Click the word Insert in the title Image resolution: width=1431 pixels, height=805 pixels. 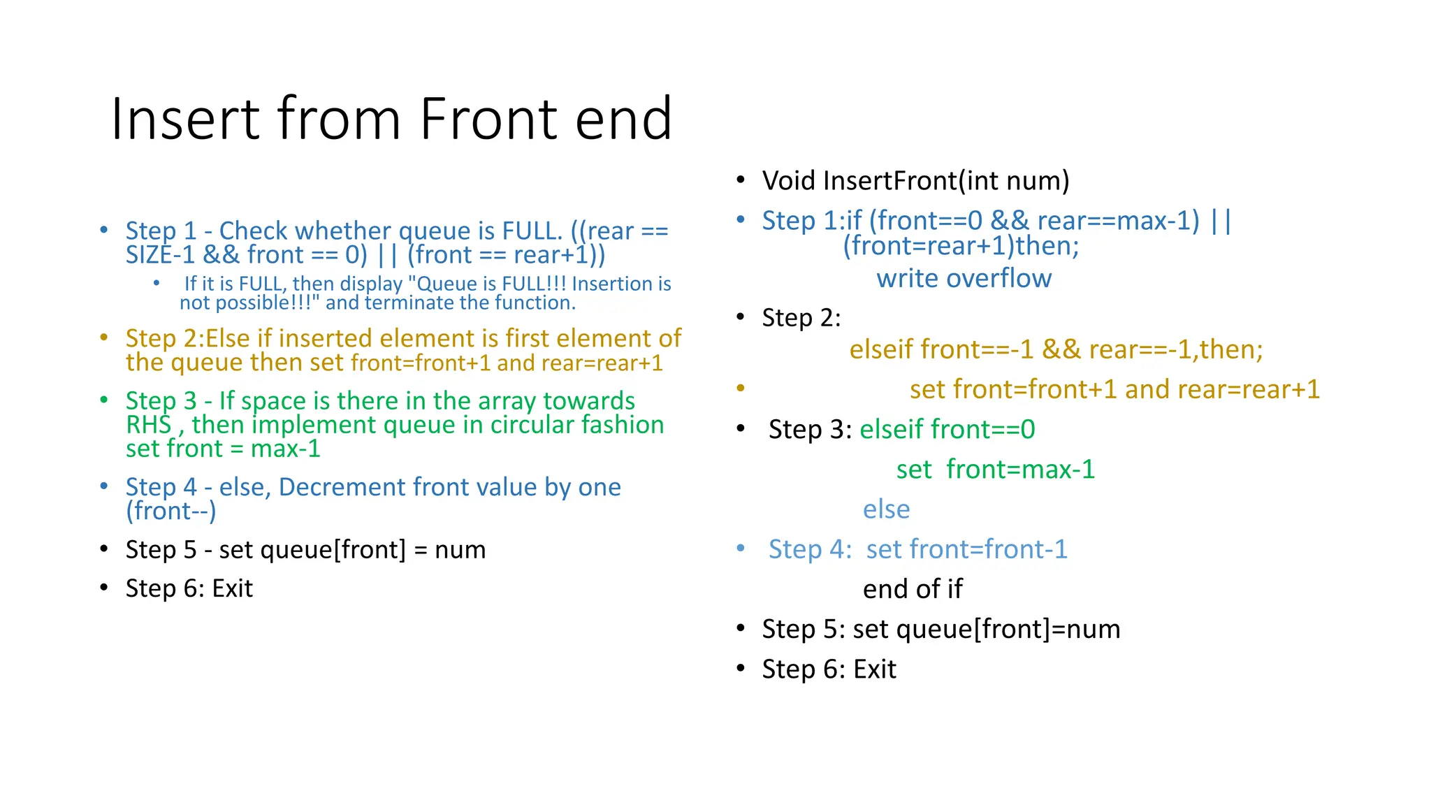(185, 119)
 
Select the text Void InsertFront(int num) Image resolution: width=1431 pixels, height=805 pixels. (915, 180)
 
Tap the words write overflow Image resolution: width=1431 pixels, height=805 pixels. (964, 278)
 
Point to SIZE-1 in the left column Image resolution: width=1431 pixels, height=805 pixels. (160, 255)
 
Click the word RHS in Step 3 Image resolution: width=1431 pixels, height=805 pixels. (148, 425)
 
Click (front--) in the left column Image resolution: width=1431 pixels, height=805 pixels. (171, 511)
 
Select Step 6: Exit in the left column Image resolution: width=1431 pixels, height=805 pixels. (189, 588)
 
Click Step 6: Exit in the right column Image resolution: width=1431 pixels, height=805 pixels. (829, 669)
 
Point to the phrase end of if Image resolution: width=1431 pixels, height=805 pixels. (913, 589)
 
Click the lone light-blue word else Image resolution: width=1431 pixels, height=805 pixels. (886, 509)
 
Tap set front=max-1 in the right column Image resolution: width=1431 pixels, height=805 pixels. (995, 470)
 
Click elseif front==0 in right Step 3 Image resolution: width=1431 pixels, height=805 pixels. (947, 429)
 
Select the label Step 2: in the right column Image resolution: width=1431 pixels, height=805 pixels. (801, 318)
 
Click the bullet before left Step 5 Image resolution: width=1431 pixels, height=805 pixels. (104, 549)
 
